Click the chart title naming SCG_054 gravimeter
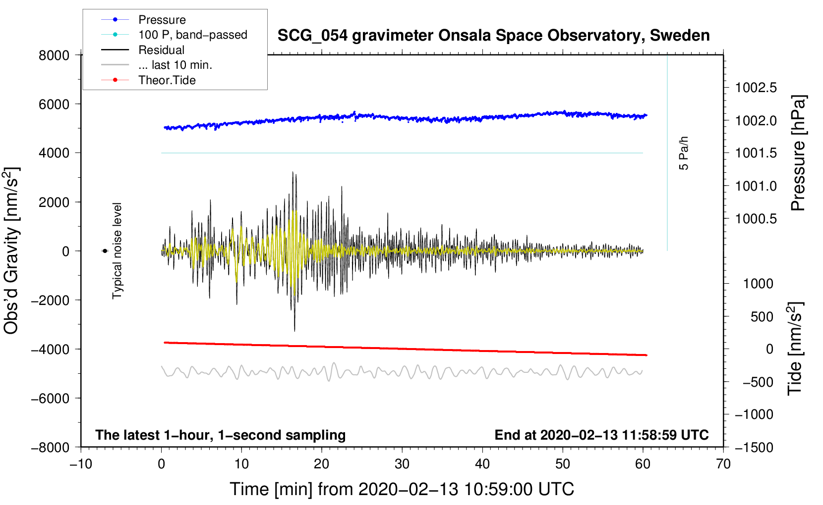[493, 36]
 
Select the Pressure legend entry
[162, 20]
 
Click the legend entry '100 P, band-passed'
[192, 35]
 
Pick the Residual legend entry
[161, 50]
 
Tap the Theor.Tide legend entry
[167, 80]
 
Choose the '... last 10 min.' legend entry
[175, 65]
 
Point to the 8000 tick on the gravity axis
[54, 55]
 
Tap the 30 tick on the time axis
[402, 464]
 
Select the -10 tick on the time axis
[81, 464]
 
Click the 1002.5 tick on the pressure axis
[756, 88]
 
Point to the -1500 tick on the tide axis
[754, 447]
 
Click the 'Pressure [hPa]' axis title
[798, 153]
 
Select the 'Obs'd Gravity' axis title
[11, 251]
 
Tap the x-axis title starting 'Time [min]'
[402, 489]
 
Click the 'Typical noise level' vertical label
[117, 251]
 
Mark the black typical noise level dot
[105, 251]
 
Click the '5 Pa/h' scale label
[684, 153]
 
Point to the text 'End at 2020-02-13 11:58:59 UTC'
[601, 435]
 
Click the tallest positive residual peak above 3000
[293, 172]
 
